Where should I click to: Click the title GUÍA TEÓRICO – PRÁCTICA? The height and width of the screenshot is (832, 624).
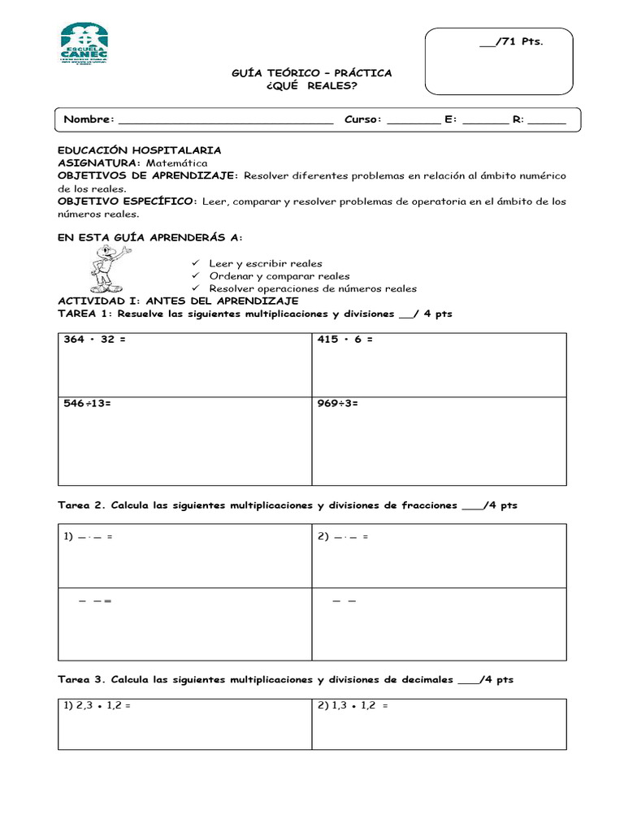[312, 73]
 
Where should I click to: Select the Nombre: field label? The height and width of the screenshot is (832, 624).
[89, 119]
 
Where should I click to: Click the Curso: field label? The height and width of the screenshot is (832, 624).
[362, 119]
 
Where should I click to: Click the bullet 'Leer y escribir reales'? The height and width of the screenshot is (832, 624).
[265, 263]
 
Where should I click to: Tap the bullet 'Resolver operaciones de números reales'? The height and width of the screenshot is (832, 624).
[313, 288]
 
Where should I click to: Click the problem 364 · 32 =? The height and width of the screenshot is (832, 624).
[95, 340]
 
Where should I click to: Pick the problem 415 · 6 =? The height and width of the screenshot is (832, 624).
[345, 340]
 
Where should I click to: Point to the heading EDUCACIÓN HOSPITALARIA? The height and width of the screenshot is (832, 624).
[139, 150]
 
